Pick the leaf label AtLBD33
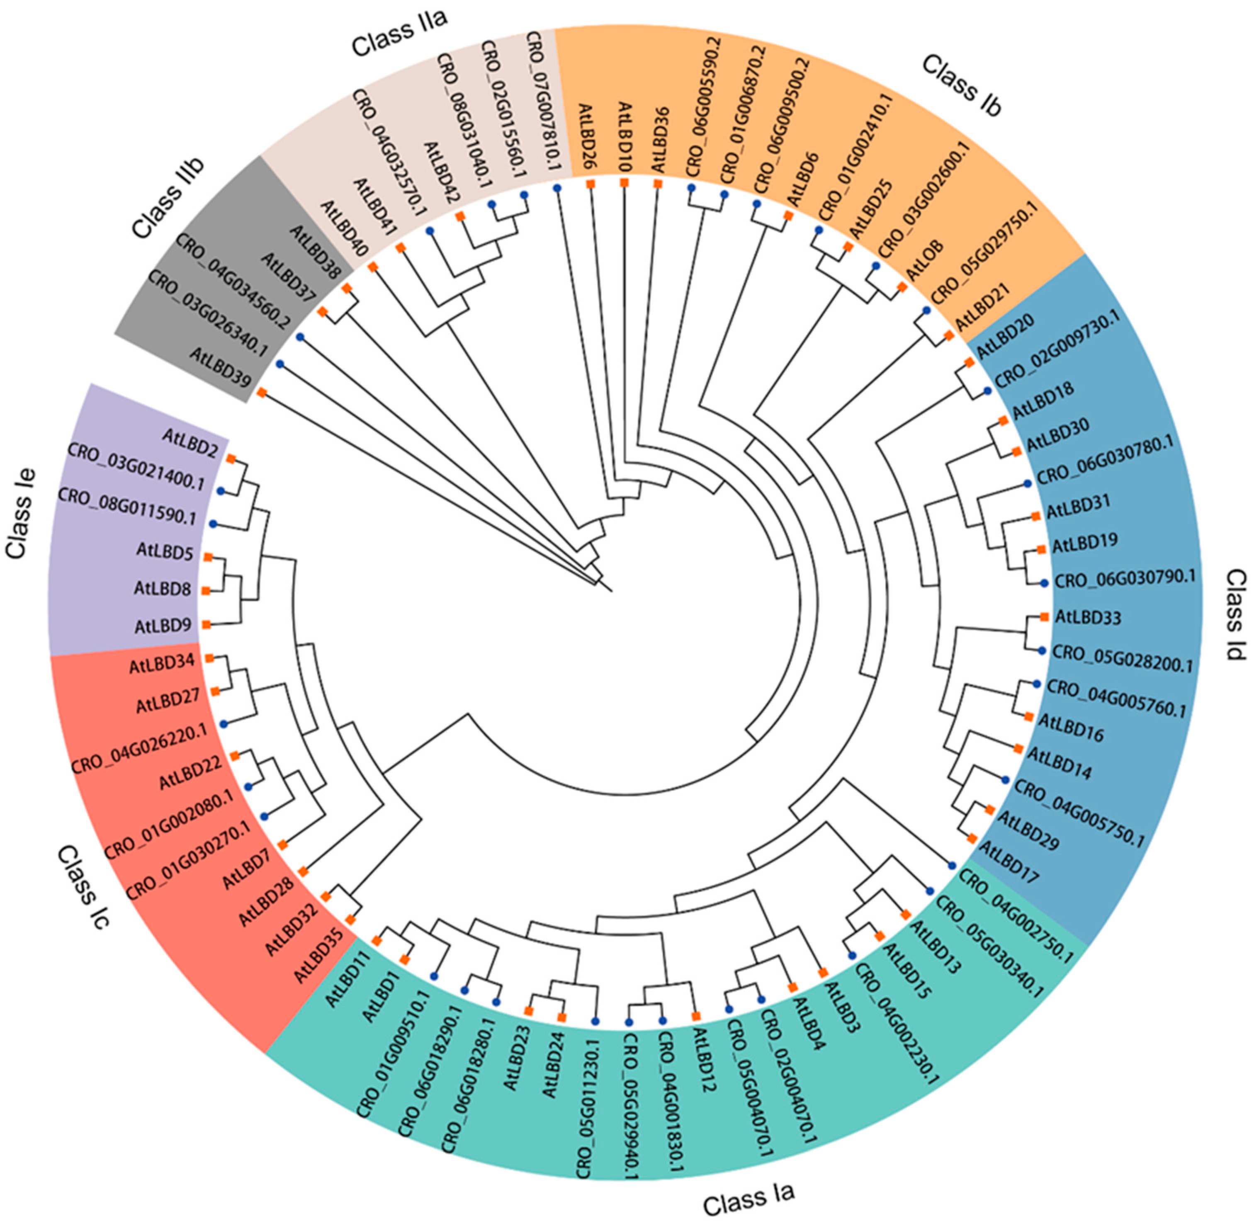(x=1088, y=618)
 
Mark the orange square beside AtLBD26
(x=589, y=184)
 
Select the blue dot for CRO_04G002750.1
(x=952, y=864)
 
